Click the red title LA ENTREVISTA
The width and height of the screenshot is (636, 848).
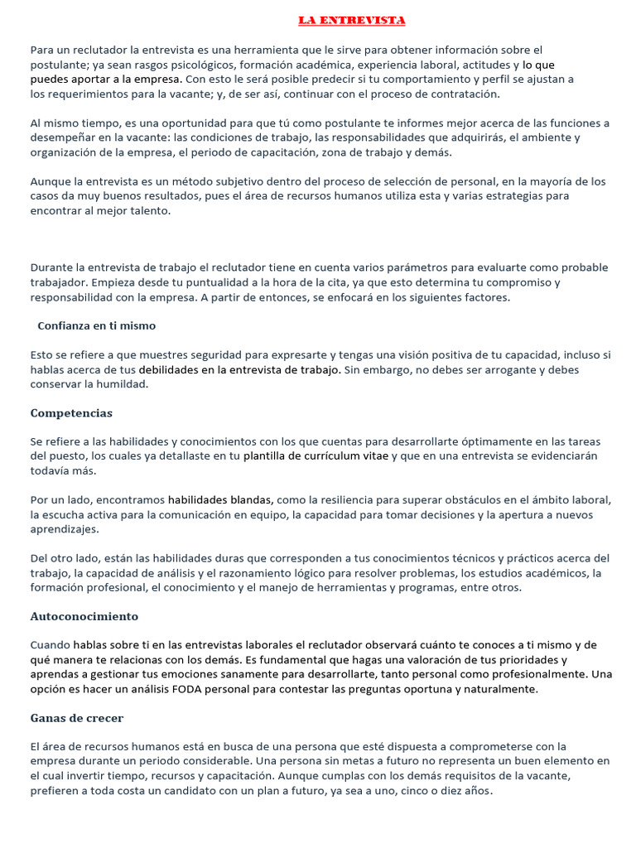click(351, 20)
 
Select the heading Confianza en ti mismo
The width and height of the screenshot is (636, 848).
click(96, 325)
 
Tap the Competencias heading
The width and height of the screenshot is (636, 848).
click(71, 412)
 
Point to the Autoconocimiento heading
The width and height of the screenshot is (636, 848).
click(84, 616)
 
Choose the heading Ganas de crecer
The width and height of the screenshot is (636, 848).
click(76, 718)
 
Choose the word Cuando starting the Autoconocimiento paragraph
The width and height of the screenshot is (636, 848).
click(50, 645)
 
